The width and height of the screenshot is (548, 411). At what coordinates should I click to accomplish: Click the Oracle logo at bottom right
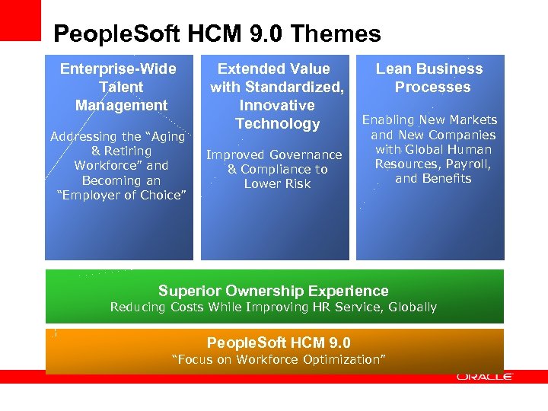484,376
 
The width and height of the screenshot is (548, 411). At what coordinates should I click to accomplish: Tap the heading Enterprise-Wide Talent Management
121,87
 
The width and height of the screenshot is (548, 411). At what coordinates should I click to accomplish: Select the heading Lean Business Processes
430,78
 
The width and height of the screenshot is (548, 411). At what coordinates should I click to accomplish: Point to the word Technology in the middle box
277,123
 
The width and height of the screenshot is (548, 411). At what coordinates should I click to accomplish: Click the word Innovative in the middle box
277,105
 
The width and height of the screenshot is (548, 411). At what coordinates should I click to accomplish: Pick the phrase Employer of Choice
122,196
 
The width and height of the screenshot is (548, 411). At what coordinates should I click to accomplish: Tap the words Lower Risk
277,184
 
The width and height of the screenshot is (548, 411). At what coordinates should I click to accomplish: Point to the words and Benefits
433,179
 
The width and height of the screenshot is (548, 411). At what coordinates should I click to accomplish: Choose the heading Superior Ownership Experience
273,291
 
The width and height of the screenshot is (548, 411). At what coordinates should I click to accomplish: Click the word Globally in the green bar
413,307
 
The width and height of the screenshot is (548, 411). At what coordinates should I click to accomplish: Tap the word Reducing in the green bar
138,307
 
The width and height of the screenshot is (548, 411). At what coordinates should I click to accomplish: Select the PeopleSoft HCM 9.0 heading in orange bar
279,342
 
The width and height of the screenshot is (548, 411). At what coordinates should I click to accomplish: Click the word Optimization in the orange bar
342,359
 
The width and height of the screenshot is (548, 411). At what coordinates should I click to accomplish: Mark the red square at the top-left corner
20,20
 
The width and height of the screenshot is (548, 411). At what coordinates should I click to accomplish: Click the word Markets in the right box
473,120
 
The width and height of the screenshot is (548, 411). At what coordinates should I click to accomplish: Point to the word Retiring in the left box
127,151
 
